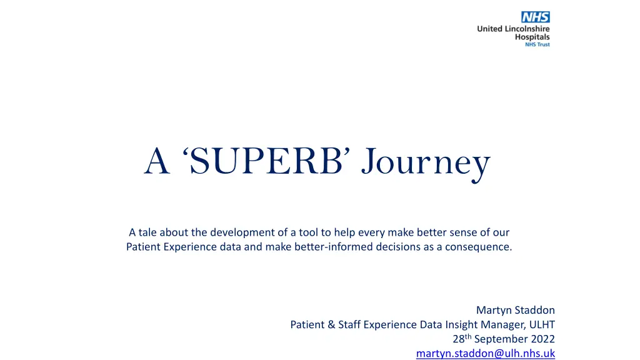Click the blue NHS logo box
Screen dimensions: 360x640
click(536, 17)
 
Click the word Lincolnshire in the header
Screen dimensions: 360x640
click(525, 29)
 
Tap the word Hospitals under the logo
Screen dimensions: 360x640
click(532, 37)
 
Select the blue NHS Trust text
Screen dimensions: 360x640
click(537, 45)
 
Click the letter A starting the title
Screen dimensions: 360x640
click(156, 162)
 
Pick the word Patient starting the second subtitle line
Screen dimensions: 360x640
click(144, 246)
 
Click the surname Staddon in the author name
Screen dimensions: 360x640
click(534, 310)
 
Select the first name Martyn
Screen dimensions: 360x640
click(494, 310)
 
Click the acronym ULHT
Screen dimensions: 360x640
click(541, 324)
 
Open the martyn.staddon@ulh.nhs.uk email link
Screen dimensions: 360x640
click(485, 354)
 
